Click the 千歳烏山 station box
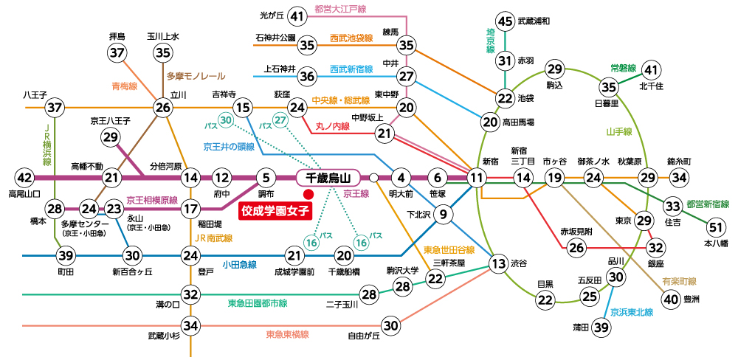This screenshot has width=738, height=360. pos(327,178)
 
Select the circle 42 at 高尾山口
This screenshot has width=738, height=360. pos(24,178)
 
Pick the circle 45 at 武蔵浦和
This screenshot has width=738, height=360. pos(505,21)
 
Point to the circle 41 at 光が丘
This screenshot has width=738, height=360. pos(297,15)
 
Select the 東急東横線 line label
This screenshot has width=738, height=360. pos(286,334)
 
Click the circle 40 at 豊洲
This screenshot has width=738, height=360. pos(671,300)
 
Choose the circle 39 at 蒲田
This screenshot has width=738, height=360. pos(602,328)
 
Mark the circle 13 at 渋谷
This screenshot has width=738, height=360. pos(499,263)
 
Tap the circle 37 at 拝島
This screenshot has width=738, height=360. pos(117,52)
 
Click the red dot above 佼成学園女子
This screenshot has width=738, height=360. pos(308,194)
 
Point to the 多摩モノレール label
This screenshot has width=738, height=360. pos(196,76)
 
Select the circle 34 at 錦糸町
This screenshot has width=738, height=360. pos(679,178)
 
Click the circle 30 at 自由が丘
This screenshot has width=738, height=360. pos(391,325)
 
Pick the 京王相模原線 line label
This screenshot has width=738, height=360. pos(151,200)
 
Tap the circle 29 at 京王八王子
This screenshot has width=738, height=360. pos(111,136)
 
